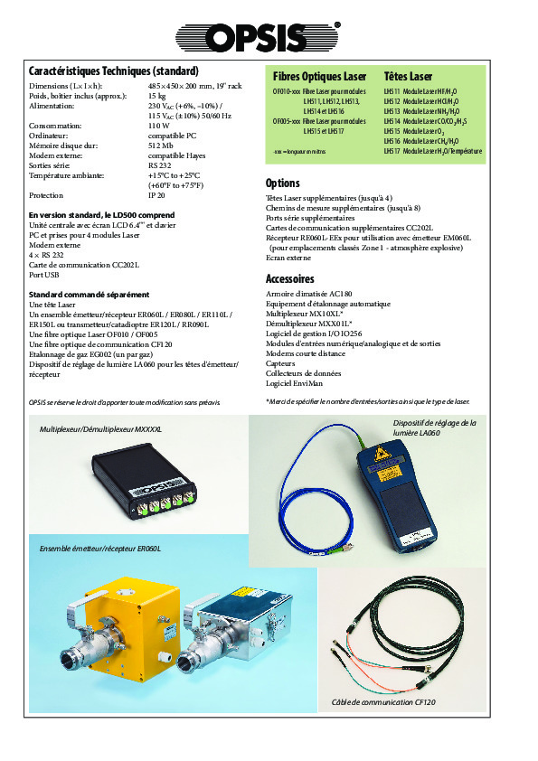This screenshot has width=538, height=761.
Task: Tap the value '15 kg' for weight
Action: [x=156, y=95]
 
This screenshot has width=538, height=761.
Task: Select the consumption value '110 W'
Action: [x=159, y=126]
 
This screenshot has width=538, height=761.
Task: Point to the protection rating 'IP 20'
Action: [x=156, y=194]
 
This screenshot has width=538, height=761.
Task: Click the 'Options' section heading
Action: [x=282, y=183]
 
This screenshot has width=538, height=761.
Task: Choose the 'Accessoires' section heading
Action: [x=289, y=278]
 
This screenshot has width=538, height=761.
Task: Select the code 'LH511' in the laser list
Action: [x=392, y=91]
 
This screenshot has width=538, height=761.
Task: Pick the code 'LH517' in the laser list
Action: [x=392, y=151]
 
